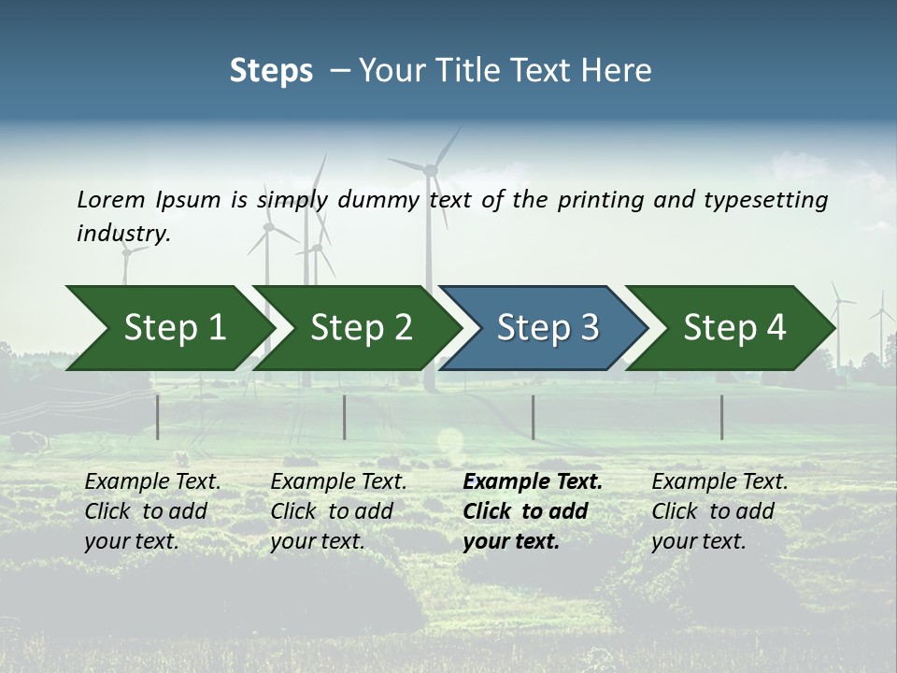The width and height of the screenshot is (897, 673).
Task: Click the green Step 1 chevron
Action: [x=168, y=328]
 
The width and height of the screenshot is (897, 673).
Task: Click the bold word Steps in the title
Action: [x=271, y=71]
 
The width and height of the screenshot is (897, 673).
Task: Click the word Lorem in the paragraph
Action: [x=110, y=199]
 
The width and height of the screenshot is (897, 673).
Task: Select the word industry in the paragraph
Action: [x=122, y=234]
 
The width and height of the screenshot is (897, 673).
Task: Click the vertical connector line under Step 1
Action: [x=157, y=417]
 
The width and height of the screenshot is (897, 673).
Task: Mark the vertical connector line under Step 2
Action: [x=345, y=417]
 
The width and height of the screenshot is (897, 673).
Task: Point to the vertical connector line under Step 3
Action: [x=533, y=417]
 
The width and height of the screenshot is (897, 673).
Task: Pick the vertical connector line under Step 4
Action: [x=721, y=417]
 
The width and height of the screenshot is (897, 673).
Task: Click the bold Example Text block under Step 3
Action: [x=533, y=511]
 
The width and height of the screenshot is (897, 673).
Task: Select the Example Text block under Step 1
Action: [x=152, y=511]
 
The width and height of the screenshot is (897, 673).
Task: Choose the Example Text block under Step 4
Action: [x=719, y=511]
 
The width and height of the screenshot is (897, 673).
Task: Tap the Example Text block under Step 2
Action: [x=338, y=511]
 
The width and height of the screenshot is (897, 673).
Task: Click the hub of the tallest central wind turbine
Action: [x=431, y=169]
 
